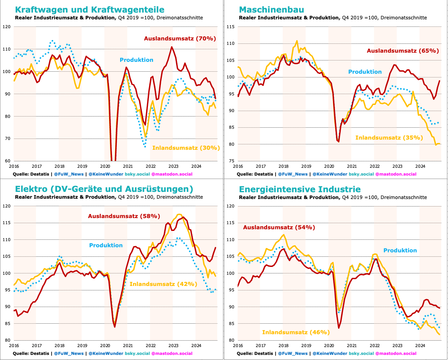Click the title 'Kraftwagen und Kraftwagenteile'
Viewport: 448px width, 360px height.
(x=90, y=10)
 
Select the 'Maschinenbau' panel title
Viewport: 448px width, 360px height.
(x=272, y=10)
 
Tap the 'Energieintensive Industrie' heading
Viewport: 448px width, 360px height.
(x=300, y=189)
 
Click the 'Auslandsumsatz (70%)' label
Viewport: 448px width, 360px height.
(x=180, y=39)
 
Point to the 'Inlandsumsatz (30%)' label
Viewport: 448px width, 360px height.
(x=186, y=148)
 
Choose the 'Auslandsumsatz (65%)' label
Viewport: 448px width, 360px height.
(x=403, y=51)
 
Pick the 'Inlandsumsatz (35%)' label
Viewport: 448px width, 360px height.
(x=389, y=138)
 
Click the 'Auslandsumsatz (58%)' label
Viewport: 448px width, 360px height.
(x=124, y=216)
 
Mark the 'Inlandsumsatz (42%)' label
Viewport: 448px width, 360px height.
(x=163, y=284)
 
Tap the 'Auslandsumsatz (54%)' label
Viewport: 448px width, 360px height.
(x=279, y=228)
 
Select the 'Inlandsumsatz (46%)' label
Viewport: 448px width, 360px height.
(x=296, y=332)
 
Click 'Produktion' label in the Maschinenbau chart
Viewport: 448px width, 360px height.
(x=365, y=72)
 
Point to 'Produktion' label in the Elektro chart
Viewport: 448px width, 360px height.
(x=106, y=245)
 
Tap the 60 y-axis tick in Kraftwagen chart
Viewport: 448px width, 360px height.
(x=7, y=161)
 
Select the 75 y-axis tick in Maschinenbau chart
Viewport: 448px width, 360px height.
(x=231, y=161)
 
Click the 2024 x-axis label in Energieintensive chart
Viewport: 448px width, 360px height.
(x=420, y=345)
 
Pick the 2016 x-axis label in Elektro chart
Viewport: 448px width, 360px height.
(x=14, y=345)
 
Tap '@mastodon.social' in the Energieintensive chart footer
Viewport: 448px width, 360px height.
(x=396, y=354)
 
